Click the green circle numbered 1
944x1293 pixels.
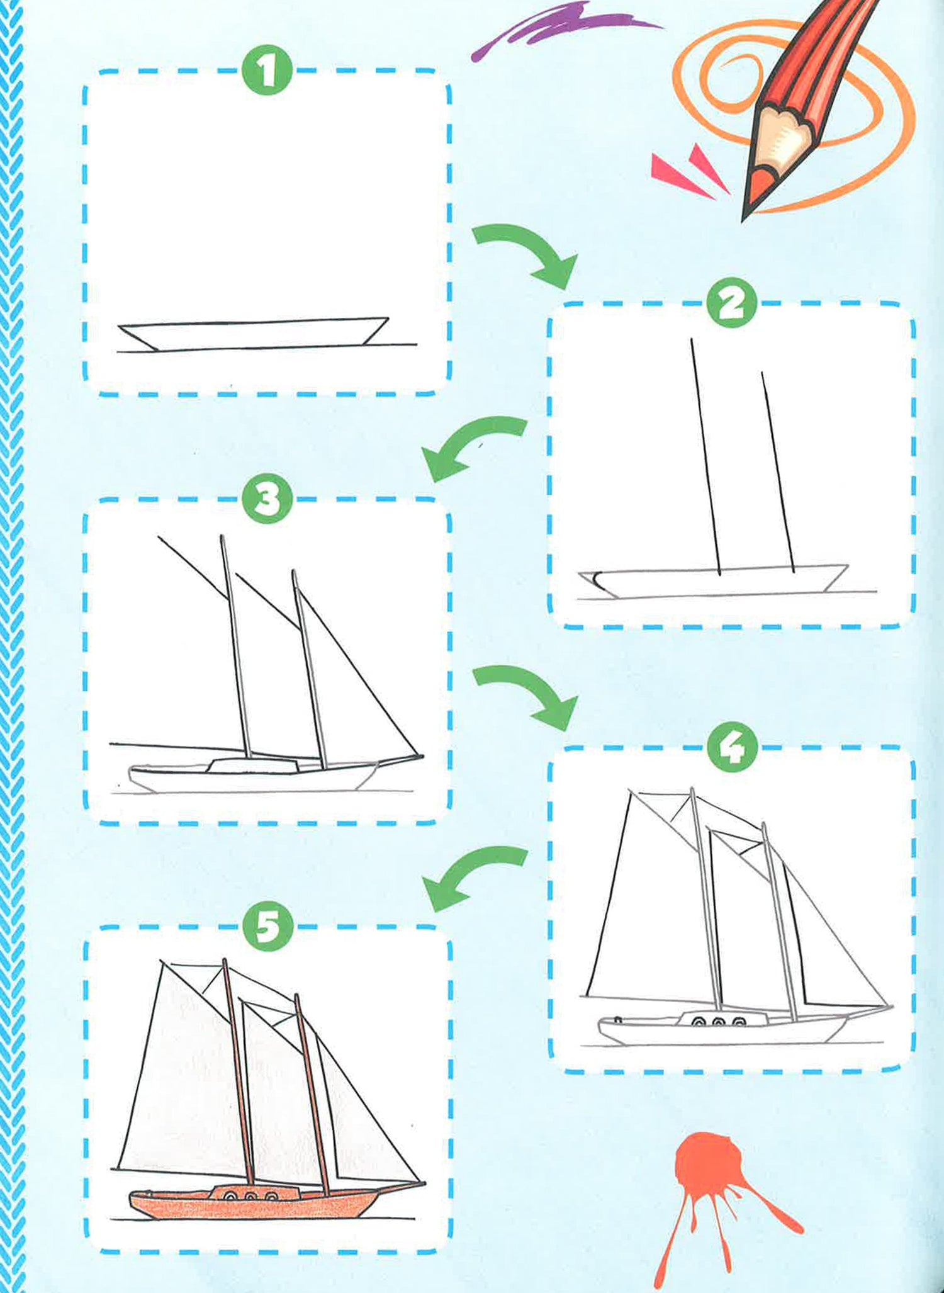pos(267,71)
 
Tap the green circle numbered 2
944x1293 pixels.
pos(732,303)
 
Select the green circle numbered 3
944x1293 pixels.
pos(267,499)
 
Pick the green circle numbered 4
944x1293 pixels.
pos(732,747)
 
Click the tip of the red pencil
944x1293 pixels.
pos(743,220)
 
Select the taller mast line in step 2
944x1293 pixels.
pos(705,456)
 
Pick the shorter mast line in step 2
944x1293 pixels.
pos(778,471)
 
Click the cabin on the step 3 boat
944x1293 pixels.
pos(253,765)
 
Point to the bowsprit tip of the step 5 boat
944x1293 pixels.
pos(425,1183)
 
